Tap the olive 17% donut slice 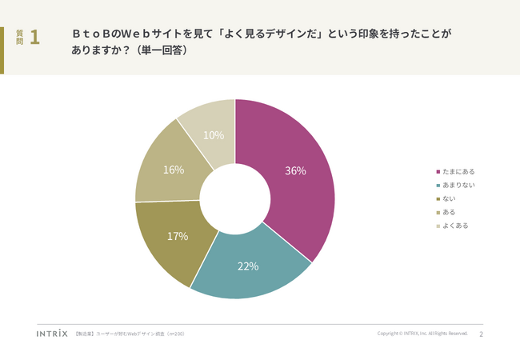point(172,240)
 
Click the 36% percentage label point(296,170)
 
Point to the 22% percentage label point(248,266)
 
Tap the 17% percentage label point(178,236)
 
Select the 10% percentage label point(214,135)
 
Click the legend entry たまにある point(458,171)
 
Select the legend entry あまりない point(458,185)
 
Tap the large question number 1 point(34,38)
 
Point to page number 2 point(481,334)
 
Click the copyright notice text point(422,334)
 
